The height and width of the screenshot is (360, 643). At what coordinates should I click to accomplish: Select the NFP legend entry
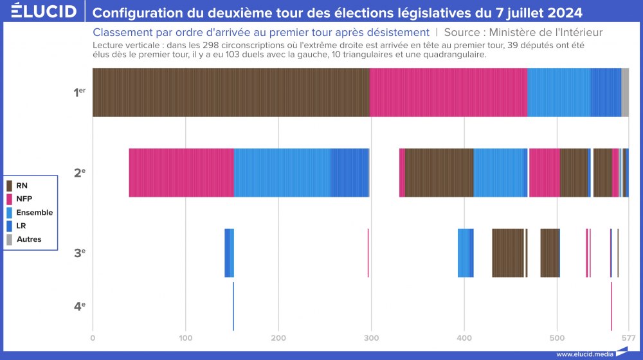click(24, 199)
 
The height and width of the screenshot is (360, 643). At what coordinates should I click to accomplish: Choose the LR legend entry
click(21, 226)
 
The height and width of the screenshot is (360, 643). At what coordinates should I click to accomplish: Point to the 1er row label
click(79, 93)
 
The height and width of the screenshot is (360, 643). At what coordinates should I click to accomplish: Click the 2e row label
click(79, 172)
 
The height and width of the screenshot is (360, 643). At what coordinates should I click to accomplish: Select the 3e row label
click(79, 253)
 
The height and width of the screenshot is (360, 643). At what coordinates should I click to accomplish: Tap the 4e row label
click(79, 306)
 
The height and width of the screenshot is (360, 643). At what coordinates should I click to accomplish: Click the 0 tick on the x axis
click(93, 337)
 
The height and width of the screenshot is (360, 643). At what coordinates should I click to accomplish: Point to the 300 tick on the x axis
click(371, 337)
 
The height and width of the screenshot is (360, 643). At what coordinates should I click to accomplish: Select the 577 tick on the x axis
click(629, 337)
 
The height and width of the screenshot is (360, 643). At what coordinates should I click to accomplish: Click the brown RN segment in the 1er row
click(231, 93)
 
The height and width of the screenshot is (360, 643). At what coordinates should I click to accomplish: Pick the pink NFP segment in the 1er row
click(448, 93)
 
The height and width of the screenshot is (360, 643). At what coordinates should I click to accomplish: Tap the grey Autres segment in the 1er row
click(625, 93)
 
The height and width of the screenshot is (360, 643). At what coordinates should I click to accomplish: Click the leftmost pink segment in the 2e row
click(181, 172)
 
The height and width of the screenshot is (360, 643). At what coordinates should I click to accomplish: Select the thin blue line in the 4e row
click(233, 306)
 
